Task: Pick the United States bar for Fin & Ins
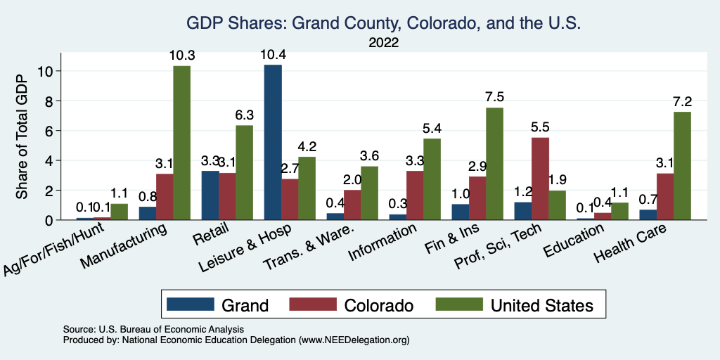495,164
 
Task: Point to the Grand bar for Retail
210,195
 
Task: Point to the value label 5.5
541,127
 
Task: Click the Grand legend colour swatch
190,304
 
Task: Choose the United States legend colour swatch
459,304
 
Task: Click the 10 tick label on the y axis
46,71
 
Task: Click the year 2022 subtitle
383,43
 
